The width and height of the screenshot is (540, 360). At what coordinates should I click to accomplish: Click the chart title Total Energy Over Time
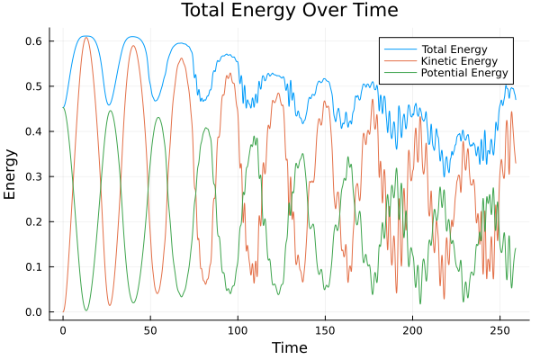tap(276, 11)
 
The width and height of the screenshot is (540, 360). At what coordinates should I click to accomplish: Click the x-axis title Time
tap(289, 347)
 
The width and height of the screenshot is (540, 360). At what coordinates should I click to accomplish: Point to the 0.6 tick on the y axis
tap(35, 41)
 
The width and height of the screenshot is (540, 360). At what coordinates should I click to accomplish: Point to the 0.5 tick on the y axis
tap(35, 86)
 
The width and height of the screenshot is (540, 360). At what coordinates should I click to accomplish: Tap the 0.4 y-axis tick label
tap(35, 131)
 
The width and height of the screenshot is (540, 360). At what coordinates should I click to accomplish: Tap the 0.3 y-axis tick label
tap(35, 176)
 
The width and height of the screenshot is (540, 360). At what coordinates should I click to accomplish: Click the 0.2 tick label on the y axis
tap(35, 221)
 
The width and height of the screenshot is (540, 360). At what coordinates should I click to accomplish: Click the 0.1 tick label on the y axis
tap(35, 267)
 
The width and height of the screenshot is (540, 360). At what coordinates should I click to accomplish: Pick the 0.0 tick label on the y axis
tap(35, 312)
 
